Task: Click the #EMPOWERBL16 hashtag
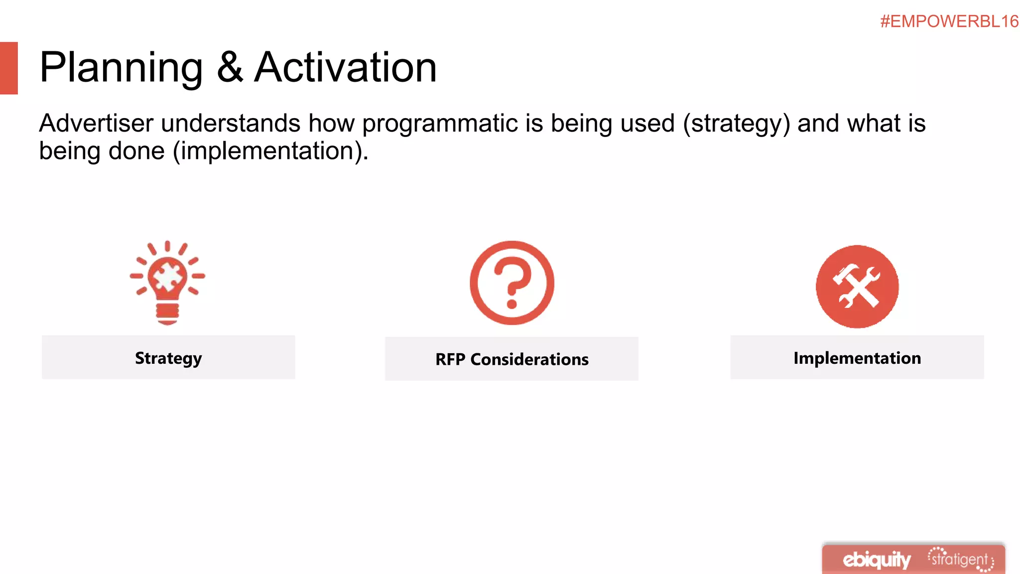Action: pos(949,21)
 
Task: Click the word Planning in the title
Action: pos(121,68)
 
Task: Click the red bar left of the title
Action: pos(9,68)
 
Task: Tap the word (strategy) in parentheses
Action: pos(736,124)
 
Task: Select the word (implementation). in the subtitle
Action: pos(270,151)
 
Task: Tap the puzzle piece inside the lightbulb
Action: pos(167,277)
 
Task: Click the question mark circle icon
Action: pos(511,283)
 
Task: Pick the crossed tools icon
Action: pos(857,287)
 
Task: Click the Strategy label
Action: pos(168,358)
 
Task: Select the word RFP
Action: pos(450,359)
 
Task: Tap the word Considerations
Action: pos(529,359)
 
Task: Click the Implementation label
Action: pos(857,358)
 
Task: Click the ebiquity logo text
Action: pos(877,560)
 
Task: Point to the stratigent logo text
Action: pos(960,560)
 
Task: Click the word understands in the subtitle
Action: pos(231,123)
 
